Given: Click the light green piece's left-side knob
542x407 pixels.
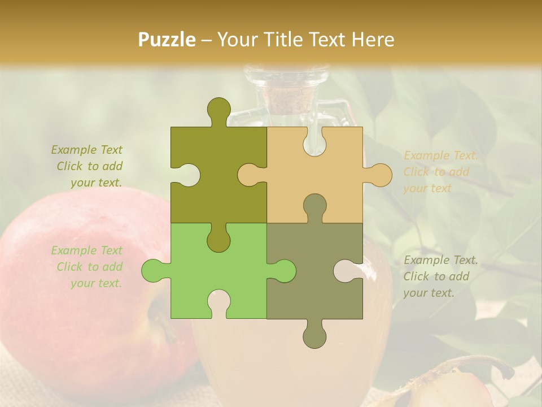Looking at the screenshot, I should click(153, 270).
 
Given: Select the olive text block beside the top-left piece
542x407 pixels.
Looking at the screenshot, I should click(88, 166).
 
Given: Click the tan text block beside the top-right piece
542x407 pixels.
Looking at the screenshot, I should click(440, 172).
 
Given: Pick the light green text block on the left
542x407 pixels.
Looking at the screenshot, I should click(88, 267).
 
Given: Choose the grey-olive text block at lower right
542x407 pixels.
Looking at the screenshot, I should click(440, 276).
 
